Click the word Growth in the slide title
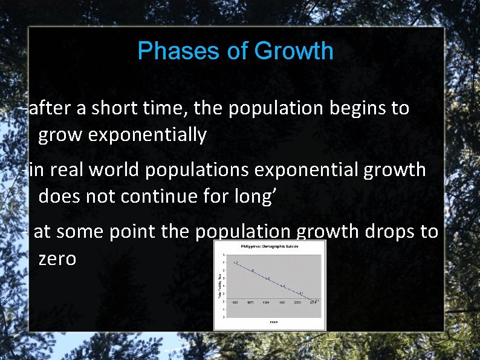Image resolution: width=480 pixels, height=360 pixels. [294, 51]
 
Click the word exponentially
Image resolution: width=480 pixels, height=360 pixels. [148, 135]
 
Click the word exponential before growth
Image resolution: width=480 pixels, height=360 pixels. [306, 170]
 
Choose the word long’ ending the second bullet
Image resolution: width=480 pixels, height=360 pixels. [258, 196]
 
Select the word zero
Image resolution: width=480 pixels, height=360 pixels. [57, 258]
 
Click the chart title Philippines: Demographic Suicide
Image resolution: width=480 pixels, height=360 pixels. [270, 246]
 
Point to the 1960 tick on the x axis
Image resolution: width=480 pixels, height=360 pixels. [235, 303]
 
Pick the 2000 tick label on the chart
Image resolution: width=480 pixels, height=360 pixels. [297, 303]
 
